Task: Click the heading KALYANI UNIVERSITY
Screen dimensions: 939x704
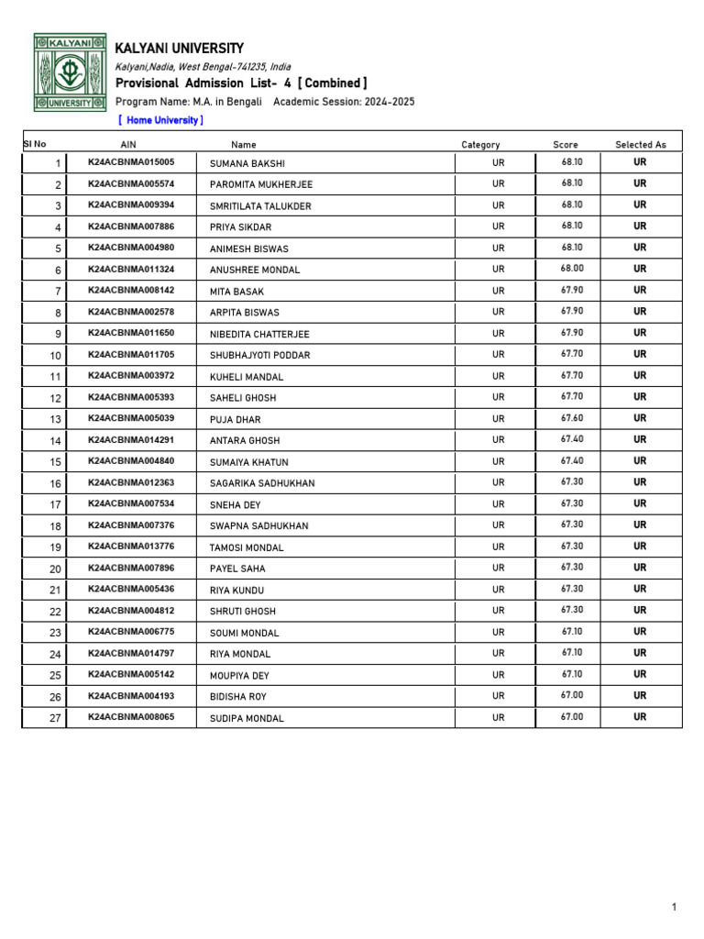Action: [180, 48]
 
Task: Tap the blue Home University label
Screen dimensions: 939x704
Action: [161, 120]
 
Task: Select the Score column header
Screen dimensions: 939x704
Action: [566, 145]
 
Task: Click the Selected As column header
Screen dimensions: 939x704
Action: [641, 145]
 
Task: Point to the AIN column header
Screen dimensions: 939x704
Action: [128, 145]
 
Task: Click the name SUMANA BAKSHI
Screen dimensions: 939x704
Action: [247, 163]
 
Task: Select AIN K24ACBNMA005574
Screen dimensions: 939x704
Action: [131, 183]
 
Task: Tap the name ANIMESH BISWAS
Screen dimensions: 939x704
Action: [249, 249]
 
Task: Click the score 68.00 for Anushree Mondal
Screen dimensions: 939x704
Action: [572, 269]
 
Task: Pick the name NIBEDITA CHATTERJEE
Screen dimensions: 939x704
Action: [259, 334]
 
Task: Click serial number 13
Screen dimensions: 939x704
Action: [55, 420]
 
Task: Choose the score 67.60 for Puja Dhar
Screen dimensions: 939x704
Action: [572, 418]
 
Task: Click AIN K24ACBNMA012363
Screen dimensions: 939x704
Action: [131, 482]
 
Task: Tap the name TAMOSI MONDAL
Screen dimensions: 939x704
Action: [247, 547]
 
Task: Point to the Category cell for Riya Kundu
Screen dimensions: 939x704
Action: [498, 590]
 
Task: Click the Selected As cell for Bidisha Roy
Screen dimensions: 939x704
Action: [640, 695]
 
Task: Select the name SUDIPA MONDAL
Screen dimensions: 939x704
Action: [247, 718]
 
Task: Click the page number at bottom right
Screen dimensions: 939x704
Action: [674, 907]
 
